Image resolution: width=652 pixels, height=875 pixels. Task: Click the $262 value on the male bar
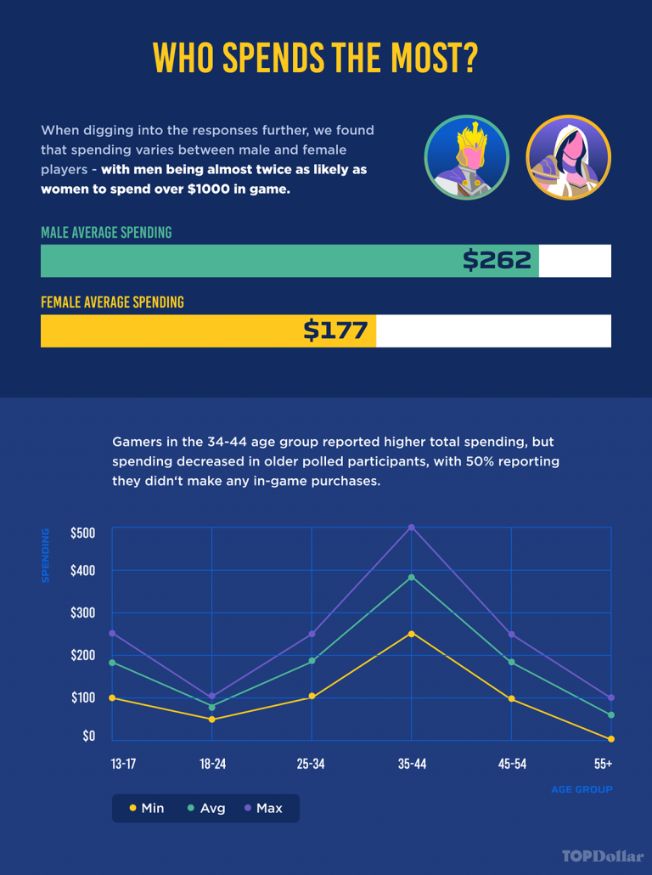[497, 260]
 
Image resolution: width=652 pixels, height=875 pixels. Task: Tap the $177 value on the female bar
[335, 330]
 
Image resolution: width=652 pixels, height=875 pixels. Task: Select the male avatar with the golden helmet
[466, 158]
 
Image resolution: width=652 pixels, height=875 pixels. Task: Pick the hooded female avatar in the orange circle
[568, 158]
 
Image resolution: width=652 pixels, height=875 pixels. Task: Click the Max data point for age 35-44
[412, 528]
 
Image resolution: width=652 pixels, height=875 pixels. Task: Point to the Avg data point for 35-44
[412, 578]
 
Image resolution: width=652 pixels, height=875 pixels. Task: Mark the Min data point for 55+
[611, 739]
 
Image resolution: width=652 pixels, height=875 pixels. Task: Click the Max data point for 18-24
[212, 697]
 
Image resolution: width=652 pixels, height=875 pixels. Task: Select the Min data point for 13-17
[112, 698]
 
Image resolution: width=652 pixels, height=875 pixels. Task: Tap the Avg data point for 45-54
[512, 663]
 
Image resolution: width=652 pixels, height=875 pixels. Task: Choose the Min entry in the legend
[147, 808]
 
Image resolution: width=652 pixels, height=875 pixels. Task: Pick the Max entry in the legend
[262, 808]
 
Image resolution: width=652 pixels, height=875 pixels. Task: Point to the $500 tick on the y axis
[83, 533]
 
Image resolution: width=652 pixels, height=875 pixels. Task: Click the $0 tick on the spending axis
[88, 736]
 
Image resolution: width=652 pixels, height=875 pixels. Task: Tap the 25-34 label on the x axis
[311, 764]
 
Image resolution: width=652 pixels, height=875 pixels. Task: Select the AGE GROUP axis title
[582, 789]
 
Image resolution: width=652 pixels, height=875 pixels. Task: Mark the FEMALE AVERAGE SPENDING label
[112, 302]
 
